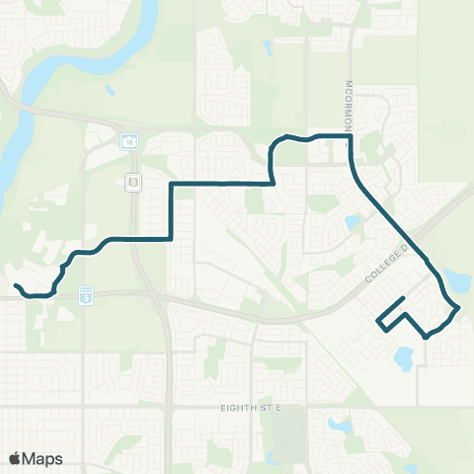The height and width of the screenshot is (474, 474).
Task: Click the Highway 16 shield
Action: [x=130, y=142]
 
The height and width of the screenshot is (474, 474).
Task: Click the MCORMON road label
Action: [x=350, y=103]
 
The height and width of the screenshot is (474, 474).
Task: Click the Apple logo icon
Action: [x=16, y=458]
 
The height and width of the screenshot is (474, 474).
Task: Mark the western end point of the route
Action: [x=16, y=286]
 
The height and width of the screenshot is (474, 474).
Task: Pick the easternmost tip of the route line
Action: [x=459, y=309]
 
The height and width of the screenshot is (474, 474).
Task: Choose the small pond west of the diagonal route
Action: [x=353, y=223]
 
